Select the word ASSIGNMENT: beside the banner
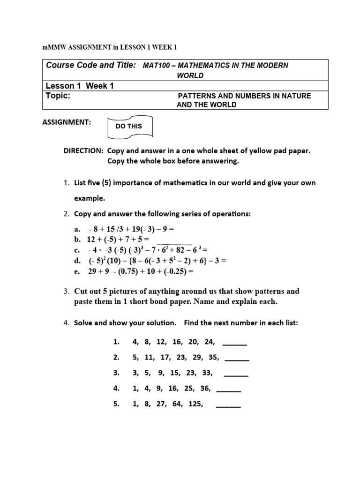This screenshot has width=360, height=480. [67, 122]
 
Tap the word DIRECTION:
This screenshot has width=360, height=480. [84, 151]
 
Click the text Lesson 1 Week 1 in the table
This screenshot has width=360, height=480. [80, 86]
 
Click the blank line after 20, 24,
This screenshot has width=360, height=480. [234, 342]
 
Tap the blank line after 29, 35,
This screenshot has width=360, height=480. [237, 358]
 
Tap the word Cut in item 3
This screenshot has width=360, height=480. [81, 291]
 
